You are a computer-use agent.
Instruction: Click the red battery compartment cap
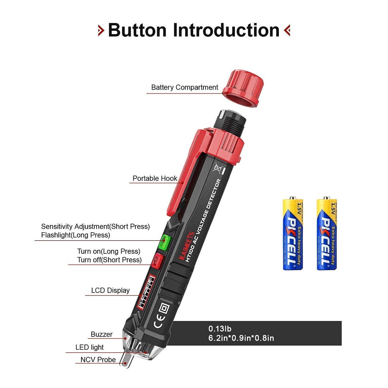[x=241, y=88]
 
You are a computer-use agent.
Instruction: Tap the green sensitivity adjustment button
[x=163, y=241]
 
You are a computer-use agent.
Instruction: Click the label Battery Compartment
[x=185, y=88]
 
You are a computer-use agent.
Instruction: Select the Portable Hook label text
[x=155, y=178]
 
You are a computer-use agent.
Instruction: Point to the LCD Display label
[x=110, y=291]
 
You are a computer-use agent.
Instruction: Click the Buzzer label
[x=102, y=335]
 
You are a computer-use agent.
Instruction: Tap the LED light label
[x=89, y=347]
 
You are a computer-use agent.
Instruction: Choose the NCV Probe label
[x=98, y=360]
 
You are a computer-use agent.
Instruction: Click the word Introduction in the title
[x=226, y=30]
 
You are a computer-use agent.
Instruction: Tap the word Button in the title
[x=137, y=30]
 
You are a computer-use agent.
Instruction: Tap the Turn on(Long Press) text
[x=109, y=251]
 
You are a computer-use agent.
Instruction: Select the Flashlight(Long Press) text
[x=75, y=235]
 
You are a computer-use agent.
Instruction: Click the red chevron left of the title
[x=101, y=30]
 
